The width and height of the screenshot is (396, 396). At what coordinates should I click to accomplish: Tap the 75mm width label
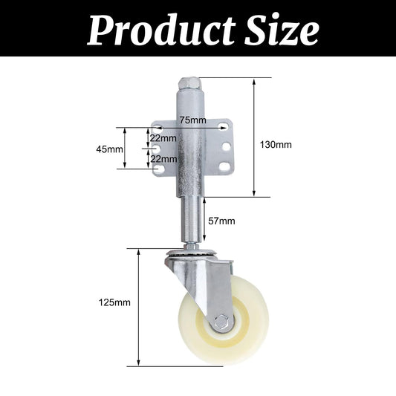pos(192,120)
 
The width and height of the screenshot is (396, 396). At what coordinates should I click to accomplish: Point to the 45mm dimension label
pos(110,149)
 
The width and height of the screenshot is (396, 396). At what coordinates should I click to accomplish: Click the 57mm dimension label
pos(221,221)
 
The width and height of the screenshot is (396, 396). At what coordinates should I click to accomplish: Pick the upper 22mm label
pos(163,138)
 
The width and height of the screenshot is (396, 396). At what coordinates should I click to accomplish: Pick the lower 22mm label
pos(163,158)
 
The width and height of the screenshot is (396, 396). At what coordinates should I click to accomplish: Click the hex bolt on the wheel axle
pos(220,323)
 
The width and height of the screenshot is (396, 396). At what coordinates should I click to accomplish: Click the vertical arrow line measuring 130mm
pos(256,137)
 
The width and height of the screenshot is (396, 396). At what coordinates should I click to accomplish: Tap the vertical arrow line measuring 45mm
pos(126,149)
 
